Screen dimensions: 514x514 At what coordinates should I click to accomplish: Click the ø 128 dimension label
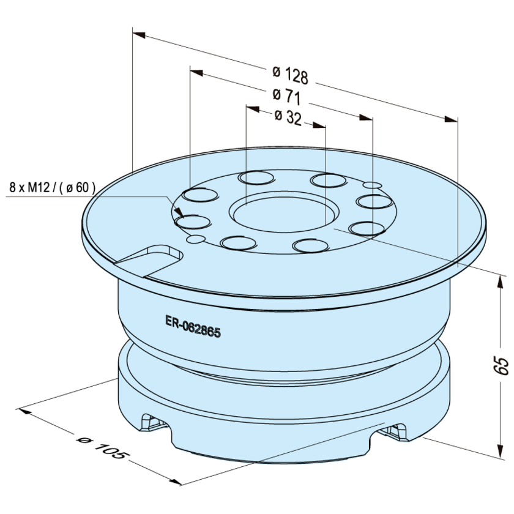(291, 75)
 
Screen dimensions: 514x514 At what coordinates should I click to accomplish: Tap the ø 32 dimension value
(288, 117)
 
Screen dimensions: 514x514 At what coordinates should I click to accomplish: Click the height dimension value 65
(502, 366)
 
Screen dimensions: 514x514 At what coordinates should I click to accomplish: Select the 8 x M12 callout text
(53, 188)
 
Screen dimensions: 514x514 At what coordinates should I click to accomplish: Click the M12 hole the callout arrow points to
(193, 222)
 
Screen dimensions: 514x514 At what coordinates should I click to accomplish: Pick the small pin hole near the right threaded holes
(372, 185)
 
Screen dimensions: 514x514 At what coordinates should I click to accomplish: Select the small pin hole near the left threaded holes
(196, 239)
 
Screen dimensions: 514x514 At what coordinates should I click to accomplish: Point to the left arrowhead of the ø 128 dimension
(139, 34)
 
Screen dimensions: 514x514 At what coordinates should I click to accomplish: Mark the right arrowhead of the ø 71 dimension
(366, 117)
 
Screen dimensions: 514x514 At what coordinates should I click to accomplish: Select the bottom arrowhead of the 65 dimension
(501, 451)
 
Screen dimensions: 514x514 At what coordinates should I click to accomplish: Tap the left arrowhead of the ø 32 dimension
(253, 109)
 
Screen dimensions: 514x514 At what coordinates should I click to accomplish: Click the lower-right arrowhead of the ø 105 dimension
(175, 482)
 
